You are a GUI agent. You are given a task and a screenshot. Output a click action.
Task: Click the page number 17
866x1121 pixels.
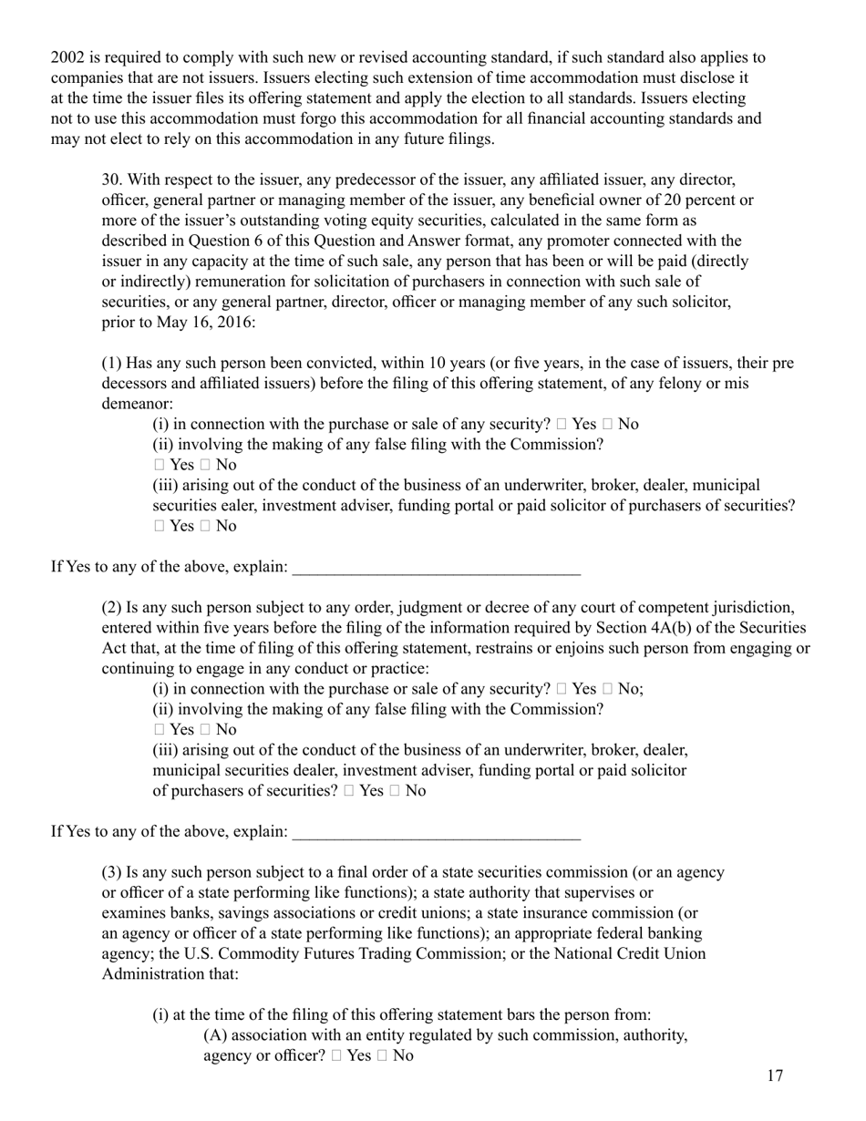coord(774,1076)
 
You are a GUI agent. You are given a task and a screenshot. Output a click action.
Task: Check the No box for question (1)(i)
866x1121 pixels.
coord(608,424)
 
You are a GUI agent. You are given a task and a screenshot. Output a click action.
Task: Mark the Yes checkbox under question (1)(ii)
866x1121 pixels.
coord(160,465)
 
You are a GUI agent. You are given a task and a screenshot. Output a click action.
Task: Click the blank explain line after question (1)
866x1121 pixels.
coord(436,568)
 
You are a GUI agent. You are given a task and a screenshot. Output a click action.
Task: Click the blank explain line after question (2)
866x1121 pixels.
coord(436,832)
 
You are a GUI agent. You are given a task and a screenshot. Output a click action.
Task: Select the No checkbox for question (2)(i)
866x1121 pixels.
coord(608,689)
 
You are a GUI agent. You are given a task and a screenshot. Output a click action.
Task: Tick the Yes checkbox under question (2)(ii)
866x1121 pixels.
coord(160,730)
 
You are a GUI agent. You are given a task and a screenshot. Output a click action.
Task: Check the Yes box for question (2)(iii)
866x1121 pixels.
coord(350,791)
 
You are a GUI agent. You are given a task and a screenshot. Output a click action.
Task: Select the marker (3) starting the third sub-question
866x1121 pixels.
coord(111,872)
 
